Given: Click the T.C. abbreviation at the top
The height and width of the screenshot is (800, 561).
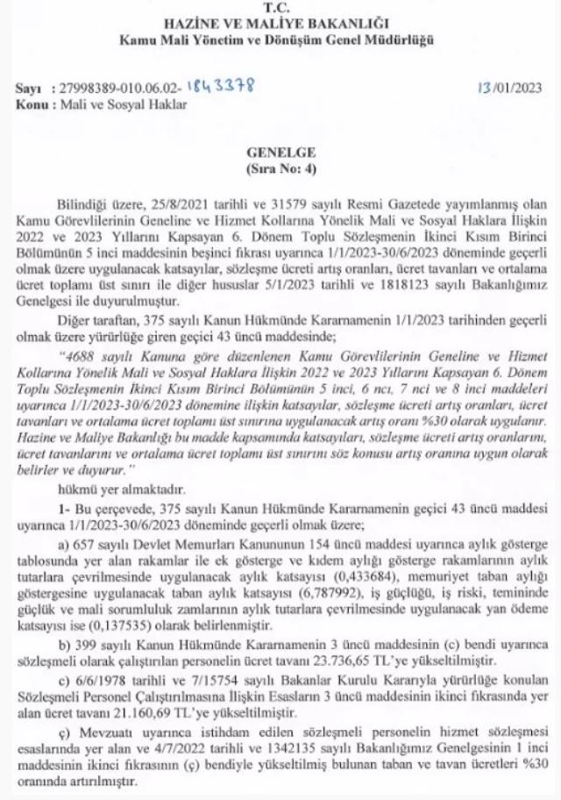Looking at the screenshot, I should click(280, 7).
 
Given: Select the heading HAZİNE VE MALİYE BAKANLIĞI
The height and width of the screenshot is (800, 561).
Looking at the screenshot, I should click(280, 23).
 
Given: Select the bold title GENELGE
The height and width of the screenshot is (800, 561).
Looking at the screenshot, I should click(280, 151).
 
